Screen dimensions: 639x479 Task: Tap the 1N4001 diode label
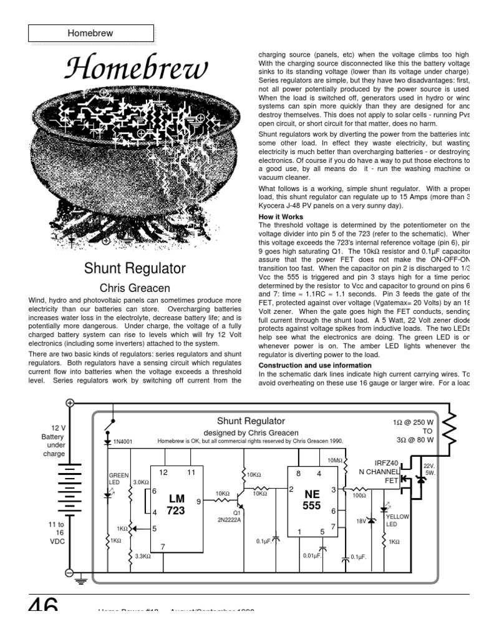123,442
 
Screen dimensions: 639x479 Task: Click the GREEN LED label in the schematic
118,478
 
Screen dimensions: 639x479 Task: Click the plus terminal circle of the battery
69,403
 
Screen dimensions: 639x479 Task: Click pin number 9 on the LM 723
198,500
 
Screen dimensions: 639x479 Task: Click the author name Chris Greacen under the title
135,288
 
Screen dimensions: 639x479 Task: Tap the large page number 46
43,605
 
